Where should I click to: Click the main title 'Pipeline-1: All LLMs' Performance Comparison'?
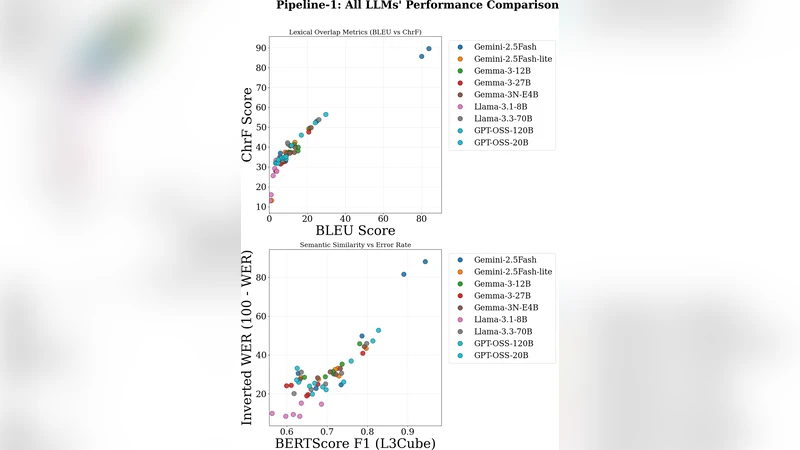417,6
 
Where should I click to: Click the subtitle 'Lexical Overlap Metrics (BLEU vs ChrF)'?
355,32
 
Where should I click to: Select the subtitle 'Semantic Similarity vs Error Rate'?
355,245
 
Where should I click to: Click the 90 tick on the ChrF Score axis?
259,48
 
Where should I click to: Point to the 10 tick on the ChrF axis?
259,206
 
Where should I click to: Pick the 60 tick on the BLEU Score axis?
383,218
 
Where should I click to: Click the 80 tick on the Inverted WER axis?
259,277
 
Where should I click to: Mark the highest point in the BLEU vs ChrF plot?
429,48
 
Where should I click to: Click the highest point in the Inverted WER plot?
425,262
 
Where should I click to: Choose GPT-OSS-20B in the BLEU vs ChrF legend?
503,143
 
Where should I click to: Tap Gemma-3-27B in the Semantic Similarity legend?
503,295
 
